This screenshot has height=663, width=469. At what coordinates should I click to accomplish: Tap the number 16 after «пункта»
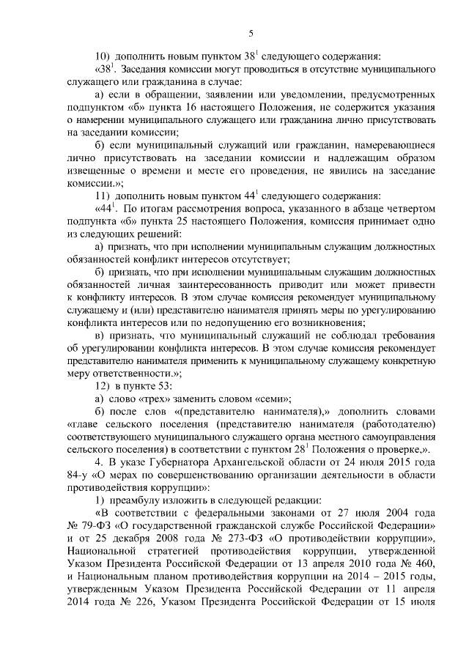pos(175,106)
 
